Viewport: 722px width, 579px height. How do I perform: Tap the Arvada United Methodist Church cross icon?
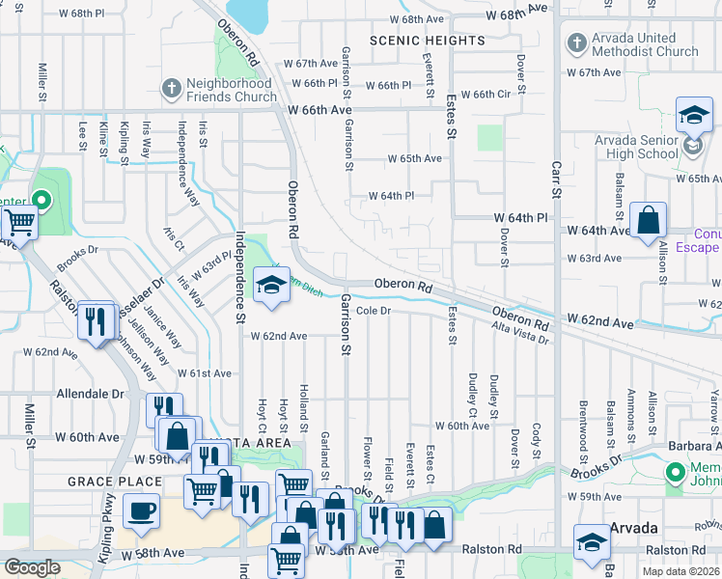pos(576,43)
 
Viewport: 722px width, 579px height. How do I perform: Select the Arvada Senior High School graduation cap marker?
pos(693,118)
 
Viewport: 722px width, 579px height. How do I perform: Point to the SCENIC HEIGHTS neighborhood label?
pos(428,41)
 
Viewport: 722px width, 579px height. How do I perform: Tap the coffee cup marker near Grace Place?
pos(141,510)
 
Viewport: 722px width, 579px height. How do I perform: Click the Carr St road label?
pos(556,183)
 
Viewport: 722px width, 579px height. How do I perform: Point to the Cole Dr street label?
pos(373,311)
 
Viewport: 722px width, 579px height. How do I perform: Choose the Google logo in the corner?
pos(32,567)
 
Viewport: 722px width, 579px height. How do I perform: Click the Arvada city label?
pos(634,529)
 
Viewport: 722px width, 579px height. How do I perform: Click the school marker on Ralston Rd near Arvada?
pos(592,541)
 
